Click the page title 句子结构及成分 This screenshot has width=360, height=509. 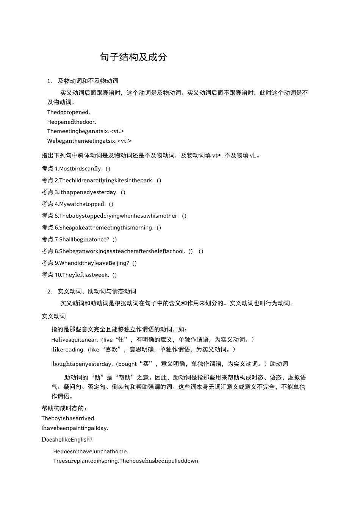coord(133,57)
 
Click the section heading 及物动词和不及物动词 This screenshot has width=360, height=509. coord(88,81)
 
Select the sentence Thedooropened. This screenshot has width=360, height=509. coord(69,112)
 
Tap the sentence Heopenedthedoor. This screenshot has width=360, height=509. coord(72,122)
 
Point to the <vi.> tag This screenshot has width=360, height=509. coord(117,131)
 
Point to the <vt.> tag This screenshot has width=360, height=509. coord(125,141)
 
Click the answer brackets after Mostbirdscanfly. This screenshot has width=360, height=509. coord(108,169)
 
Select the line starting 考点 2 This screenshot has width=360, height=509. coord(101,181)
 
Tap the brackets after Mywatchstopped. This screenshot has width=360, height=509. coord(111,204)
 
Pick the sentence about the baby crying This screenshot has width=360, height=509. coord(119,216)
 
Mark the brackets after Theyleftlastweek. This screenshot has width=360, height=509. coord(114,275)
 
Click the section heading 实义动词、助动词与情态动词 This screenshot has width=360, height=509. coord(97,291)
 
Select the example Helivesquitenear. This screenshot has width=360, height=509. coord(75,340)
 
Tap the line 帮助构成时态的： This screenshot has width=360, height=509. coord(64,408)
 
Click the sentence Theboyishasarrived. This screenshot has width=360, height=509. coord(69,418)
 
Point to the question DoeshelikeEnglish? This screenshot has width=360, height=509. coord(67,440)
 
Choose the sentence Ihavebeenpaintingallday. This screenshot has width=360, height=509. coord(75,428)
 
